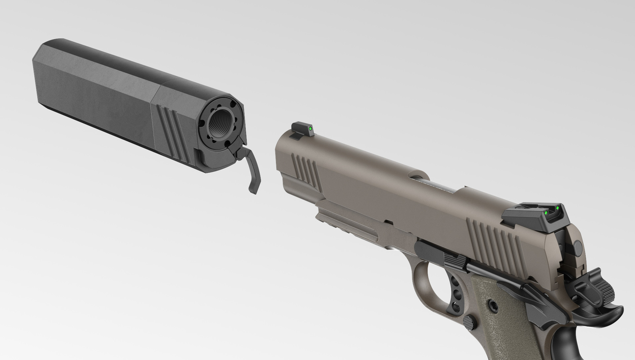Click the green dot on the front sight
[310, 129]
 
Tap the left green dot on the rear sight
[546, 212]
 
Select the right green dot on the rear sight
[557, 208]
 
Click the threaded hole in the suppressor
[221, 124]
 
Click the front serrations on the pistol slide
[306, 171]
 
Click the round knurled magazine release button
[469, 322]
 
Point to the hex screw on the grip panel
[494, 307]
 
